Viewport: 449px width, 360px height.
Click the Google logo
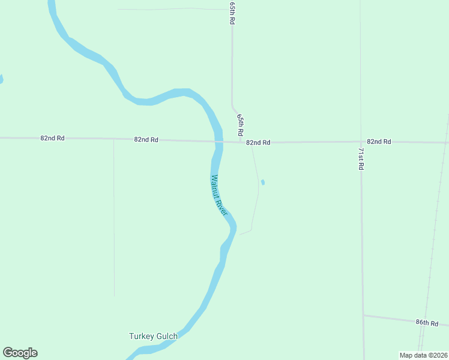tap(20, 353)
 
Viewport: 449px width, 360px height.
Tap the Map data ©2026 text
tap(423, 355)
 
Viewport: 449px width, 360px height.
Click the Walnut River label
tap(220, 191)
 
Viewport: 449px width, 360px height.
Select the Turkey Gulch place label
tap(153, 336)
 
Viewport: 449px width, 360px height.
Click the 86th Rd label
tap(427, 323)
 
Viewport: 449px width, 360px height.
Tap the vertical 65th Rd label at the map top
tap(232, 12)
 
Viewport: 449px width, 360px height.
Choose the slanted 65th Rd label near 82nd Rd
tap(240, 125)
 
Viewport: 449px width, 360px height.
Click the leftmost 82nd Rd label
tap(52, 138)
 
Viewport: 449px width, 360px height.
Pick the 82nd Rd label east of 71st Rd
tap(379, 142)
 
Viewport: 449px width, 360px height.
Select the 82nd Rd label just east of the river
tap(258, 142)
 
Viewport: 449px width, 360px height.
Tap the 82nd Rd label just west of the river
tap(146, 139)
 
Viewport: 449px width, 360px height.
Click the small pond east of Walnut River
tap(263, 182)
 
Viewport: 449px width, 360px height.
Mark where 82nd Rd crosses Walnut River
tap(218, 142)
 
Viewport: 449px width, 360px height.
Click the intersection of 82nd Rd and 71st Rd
tap(361, 142)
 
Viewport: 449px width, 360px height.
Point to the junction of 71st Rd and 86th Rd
tap(363, 314)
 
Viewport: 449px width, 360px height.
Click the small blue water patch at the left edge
tap(1, 79)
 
